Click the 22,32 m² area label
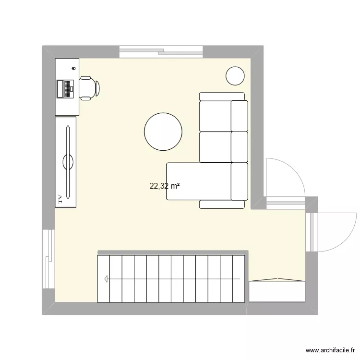tap(165, 186)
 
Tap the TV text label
tap(60, 200)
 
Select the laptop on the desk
tap(64, 88)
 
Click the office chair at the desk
tap(89, 88)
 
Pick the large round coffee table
tap(163, 132)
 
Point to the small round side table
tap(236, 75)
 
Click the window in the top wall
tap(161, 51)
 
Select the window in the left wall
tap(48, 259)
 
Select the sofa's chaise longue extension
tap(198, 181)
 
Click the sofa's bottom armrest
tap(222, 204)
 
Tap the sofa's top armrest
tap(222, 96)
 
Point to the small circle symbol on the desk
tap(73, 68)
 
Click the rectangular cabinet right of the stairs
tap(277, 291)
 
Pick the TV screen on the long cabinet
tap(68, 161)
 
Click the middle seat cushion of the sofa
tap(216, 147)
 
